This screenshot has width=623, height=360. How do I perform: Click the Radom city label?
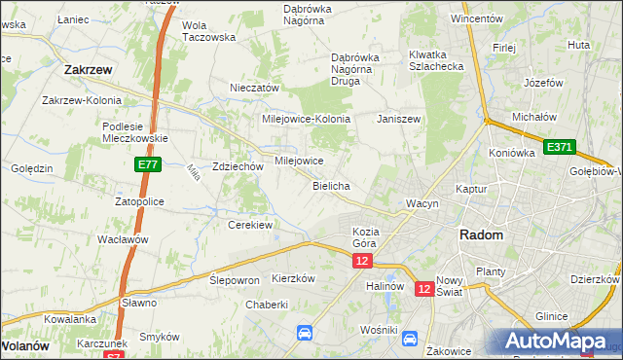(x=481, y=235)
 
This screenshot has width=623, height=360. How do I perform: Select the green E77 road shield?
(x=148, y=166)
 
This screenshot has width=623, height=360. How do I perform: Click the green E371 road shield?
(x=560, y=147)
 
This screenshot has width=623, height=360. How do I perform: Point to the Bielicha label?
(x=331, y=185)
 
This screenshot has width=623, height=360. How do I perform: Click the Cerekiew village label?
(x=249, y=225)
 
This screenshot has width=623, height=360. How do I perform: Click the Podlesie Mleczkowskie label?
(x=136, y=132)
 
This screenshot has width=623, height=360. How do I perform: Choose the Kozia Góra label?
(x=364, y=237)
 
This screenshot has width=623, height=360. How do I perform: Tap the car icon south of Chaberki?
(x=305, y=333)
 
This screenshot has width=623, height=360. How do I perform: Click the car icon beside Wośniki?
(x=410, y=339)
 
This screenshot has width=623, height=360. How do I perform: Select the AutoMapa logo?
(x=555, y=341)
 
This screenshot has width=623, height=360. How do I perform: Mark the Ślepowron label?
(x=234, y=279)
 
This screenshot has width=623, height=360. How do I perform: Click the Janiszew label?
(x=398, y=119)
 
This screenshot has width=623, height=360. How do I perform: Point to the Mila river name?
(x=194, y=173)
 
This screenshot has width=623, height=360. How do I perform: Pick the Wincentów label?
(x=477, y=18)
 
